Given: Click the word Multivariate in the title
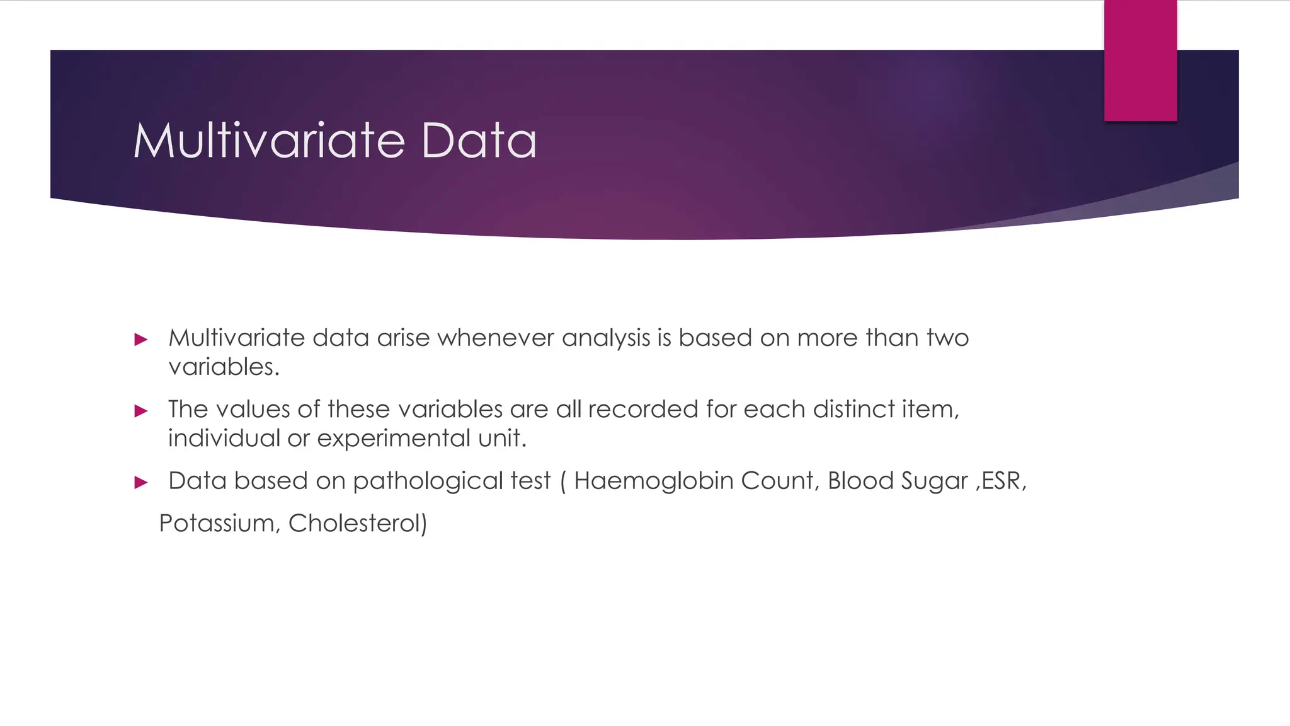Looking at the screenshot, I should pos(269,140).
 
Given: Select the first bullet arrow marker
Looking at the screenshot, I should pos(141,340).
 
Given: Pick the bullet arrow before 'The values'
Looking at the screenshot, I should pos(141,412).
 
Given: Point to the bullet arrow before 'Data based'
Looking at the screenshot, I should pos(141,483).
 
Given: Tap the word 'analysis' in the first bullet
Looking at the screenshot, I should pos(605,338).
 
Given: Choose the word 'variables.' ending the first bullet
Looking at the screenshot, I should pos(224,367).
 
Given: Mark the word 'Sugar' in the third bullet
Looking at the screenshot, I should pos(934,481).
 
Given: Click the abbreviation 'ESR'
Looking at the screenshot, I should pos(1000,481).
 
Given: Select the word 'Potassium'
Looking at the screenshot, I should pos(216,524).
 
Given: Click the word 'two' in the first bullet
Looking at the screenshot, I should pos(947,338).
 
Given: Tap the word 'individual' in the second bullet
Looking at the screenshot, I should pos(224,439).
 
